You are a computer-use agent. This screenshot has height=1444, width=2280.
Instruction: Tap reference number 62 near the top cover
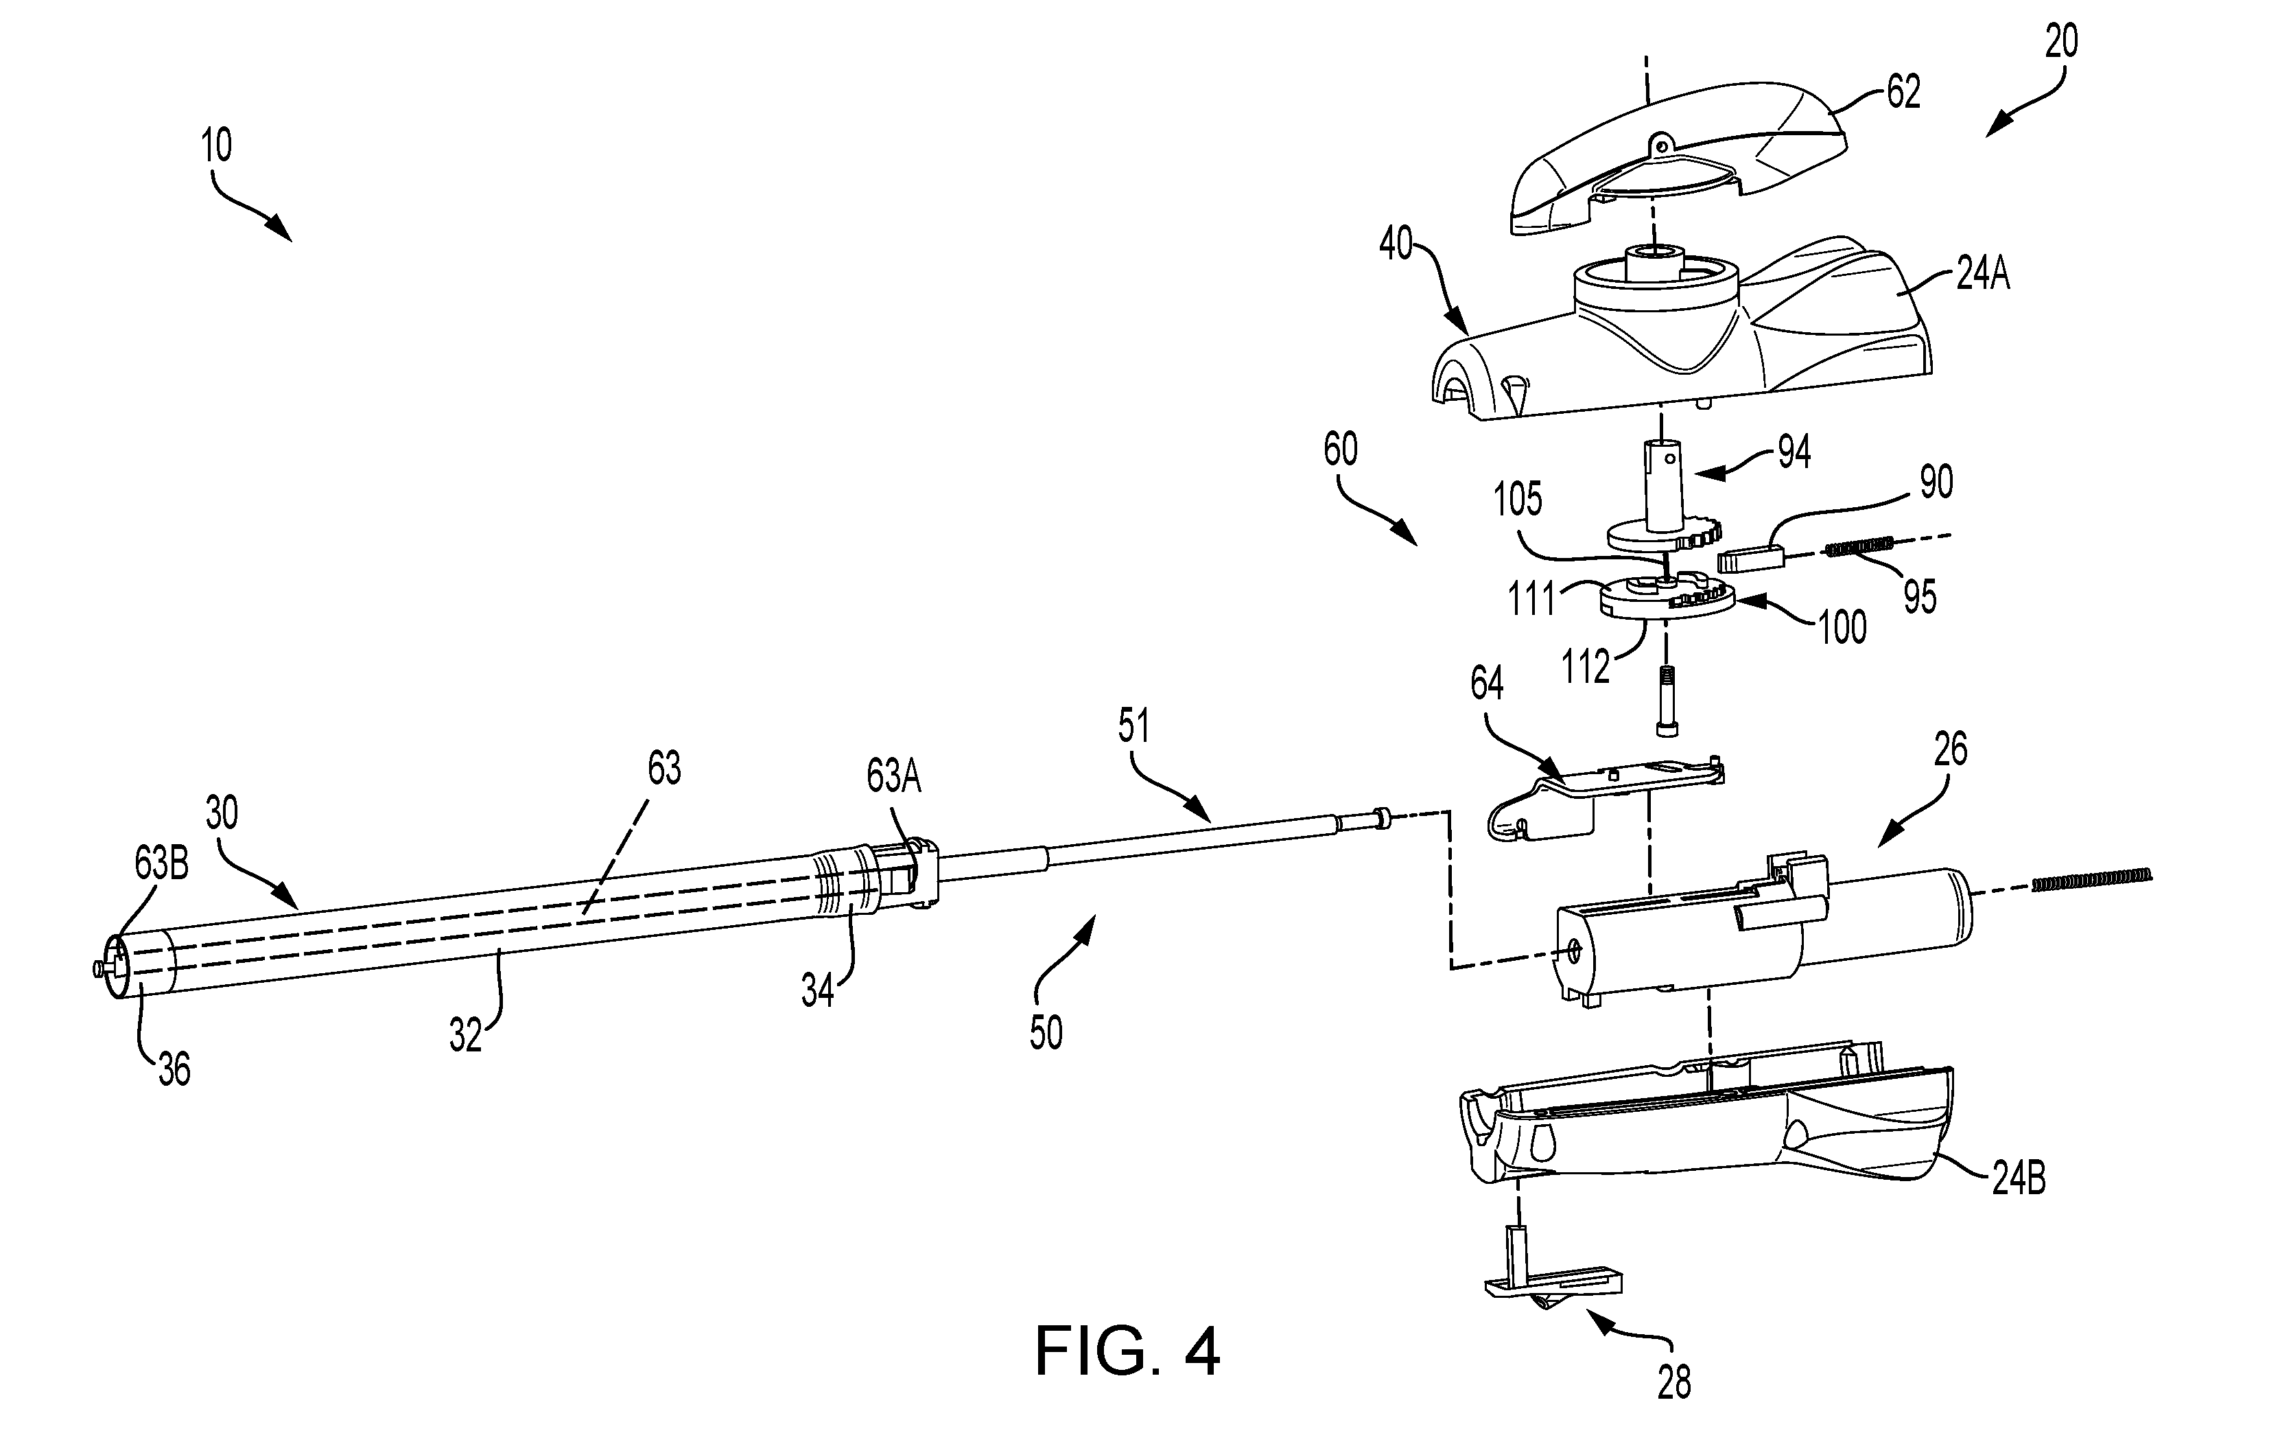[1903, 92]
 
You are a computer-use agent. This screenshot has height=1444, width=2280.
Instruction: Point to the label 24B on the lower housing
[2018, 1180]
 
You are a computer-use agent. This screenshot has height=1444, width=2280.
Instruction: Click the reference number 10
[217, 147]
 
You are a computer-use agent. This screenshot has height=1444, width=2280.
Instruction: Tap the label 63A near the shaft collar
[894, 776]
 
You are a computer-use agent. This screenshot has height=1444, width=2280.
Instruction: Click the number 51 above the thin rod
[1133, 726]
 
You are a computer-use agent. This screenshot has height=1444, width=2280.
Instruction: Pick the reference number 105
[1518, 499]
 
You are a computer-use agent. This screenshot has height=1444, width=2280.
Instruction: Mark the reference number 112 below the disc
[1585, 668]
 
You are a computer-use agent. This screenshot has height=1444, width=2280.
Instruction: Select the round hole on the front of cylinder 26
[1574, 953]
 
